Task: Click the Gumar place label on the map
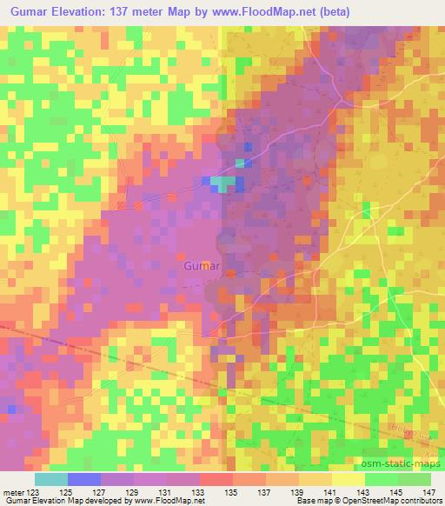pos(203,264)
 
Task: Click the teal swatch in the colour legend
pos(51,479)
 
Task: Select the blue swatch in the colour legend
pos(84,479)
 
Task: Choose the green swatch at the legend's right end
pos(415,479)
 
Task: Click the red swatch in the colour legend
pos(216,479)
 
